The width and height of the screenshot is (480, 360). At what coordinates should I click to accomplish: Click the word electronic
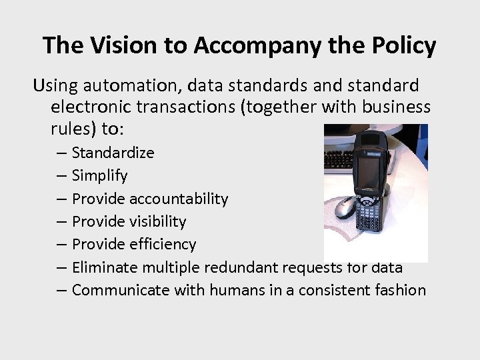click(88, 107)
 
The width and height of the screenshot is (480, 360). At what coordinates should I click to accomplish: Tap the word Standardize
click(113, 153)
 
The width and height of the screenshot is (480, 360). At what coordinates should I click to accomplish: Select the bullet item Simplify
click(99, 176)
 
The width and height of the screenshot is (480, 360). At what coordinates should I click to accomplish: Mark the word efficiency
click(163, 245)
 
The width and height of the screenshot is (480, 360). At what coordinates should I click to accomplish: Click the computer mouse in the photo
click(345, 207)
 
